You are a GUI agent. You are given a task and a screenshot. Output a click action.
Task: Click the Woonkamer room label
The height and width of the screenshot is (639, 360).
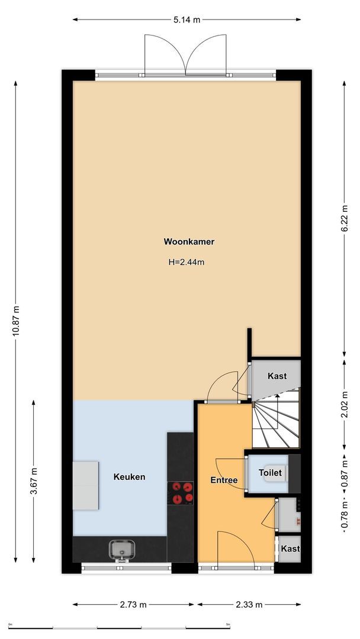pyautogui.click(x=189, y=241)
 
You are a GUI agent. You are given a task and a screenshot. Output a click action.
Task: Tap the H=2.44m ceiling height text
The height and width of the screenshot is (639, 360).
pyautogui.click(x=187, y=262)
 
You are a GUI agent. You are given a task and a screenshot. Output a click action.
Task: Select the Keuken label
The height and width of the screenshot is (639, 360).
pyautogui.click(x=129, y=477)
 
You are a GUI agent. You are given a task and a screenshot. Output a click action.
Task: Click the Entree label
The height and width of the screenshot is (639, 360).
pyautogui.click(x=224, y=480)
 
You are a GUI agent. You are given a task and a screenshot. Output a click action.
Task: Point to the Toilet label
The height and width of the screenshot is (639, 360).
pyautogui.click(x=270, y=473)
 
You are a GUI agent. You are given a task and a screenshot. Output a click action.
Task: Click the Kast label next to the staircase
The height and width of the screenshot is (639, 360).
pyautogui.click(x=277, y=376)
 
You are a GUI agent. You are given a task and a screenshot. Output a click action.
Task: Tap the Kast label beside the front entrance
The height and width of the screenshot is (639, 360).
pyautogui.click(x=290, y=549)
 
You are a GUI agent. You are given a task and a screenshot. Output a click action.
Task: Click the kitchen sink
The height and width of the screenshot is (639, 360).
pyautogui.click(x=121, y=550)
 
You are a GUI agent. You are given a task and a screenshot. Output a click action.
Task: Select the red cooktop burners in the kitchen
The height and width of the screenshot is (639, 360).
pyautogui.click(x=182, y=492)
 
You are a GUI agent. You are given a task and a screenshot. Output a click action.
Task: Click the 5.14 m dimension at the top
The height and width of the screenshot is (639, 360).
pyautogui.click(x=187, y=20)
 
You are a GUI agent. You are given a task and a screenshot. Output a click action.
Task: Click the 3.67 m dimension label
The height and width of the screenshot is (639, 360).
pyautogui.click(x=34, y=480)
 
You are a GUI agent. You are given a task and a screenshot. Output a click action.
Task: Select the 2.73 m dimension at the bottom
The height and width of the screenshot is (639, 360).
pyautogui.click(x=133, y=605)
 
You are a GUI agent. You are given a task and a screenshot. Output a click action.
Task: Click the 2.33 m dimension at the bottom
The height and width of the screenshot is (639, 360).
pyautogui.click(x=249, y=605)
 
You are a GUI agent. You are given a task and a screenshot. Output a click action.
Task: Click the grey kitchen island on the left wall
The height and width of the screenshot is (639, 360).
pyautogui.click(x=85, y=485)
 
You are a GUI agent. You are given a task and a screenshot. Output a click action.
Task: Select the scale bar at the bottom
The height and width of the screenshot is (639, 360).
pyautogui.click(x=118, y=625)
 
